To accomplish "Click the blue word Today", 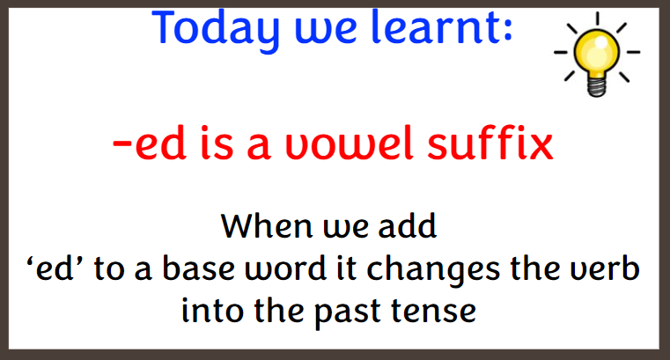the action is click(216, 30).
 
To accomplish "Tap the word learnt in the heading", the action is click(442, 26).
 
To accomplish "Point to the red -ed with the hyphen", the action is click(150, 143).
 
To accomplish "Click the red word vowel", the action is click(350, 143).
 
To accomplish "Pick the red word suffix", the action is click(490, 143).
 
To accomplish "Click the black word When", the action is click(267, 225).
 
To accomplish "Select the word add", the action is click(408, 225).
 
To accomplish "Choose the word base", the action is click(199, 268).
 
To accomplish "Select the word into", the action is click(213, 311).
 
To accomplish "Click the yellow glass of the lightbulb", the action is click(597, 50).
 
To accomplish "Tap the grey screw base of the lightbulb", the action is click(597, 85).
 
